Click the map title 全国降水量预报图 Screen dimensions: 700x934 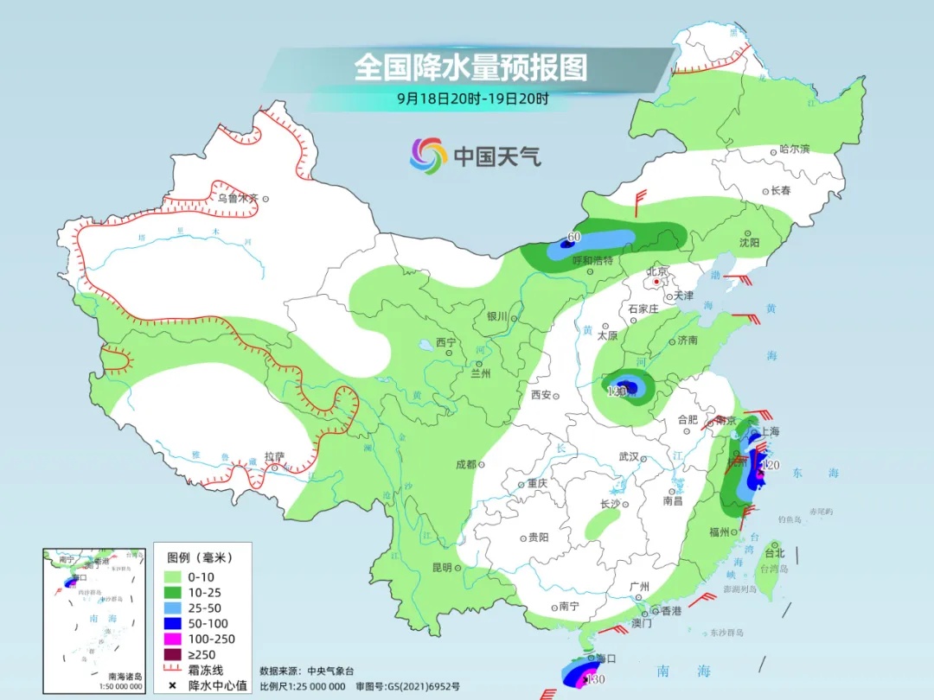470,67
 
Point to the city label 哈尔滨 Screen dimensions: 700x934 794,150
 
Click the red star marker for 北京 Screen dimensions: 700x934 657,282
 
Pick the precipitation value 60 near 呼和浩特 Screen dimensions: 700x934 573,237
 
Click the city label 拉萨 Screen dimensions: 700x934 274,456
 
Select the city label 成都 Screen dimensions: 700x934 465,464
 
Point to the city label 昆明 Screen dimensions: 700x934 441,567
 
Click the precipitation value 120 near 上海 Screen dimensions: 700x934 771,466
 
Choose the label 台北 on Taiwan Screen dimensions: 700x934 774,553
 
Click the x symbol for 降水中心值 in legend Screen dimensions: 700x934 172,686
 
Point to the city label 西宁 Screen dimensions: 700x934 445,342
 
